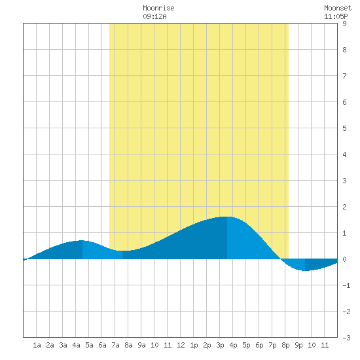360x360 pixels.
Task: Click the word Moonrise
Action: (x=158, y=8)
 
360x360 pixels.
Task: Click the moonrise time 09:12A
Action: (x=154, y=16)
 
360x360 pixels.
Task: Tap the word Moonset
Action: (x=338, y=8)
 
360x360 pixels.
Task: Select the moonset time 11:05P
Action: (x=336, y=16)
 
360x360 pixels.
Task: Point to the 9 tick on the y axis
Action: (x=344, y=24)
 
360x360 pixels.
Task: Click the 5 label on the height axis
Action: (x=344, y=128)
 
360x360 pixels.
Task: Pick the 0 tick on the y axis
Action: (x=344, y=259)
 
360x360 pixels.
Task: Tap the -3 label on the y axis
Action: (x=346, y=338)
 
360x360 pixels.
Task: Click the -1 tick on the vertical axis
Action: (x=346, y=285)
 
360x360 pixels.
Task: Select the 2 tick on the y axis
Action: (x=344, y=207)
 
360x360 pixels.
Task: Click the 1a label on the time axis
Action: (x=37, y=345)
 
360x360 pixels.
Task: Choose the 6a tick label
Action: (x=102, y=345)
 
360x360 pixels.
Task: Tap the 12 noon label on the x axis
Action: (x=181, y=345)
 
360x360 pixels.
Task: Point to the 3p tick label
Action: (x=220, y=345)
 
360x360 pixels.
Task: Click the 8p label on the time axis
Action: (x=285, y=345)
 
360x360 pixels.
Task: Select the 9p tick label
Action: (x=298, y=345)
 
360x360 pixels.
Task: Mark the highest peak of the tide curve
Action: (x=227, y=217)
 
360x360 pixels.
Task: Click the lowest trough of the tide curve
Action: (x=305, y=271)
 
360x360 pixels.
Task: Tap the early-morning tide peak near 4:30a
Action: (x=82, y=240)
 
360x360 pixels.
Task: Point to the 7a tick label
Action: (x=115, y=345)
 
